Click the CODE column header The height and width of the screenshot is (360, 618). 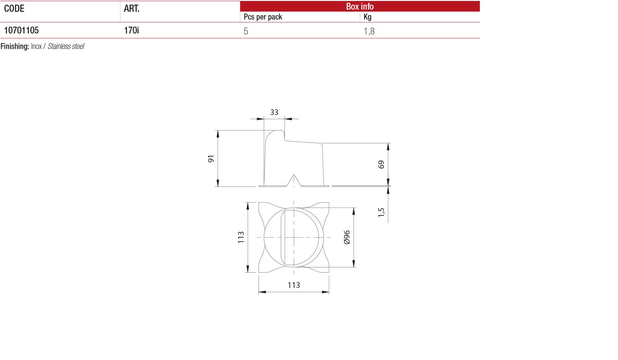click(x=14, y=8)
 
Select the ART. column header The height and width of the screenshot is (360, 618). click(x=132, y=8)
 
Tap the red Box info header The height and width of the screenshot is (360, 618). click(x=360, y=6)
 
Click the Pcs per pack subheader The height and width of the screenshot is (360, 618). click(x=263, y=17)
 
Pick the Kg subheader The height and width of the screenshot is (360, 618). click(x=368, y=17)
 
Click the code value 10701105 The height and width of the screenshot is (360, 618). click(x=21, y=30)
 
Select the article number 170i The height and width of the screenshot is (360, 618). click(x=131, y=30)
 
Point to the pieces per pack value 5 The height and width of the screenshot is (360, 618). click(x=246, y=31)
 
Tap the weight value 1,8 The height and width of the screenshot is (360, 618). click(x=369, y=31)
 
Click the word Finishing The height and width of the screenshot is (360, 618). click(x=15, y=46)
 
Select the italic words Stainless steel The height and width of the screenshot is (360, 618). click(x=66, y=46)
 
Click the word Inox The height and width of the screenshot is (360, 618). click(x=36, y=46)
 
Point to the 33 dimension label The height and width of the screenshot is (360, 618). click(x=274, y=112)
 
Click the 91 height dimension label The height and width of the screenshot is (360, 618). click(x=211, y=159)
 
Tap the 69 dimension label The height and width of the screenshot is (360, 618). click(x=381, y=165)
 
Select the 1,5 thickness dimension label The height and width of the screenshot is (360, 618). click(x=381, y=212)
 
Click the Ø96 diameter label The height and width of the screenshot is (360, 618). click(x=347, y=237)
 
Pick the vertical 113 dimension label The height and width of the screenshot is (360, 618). click(x=241, y=237)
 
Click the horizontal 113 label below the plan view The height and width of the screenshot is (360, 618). click(x=294, y=285)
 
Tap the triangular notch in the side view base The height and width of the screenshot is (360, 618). click(x=294, y=181)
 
